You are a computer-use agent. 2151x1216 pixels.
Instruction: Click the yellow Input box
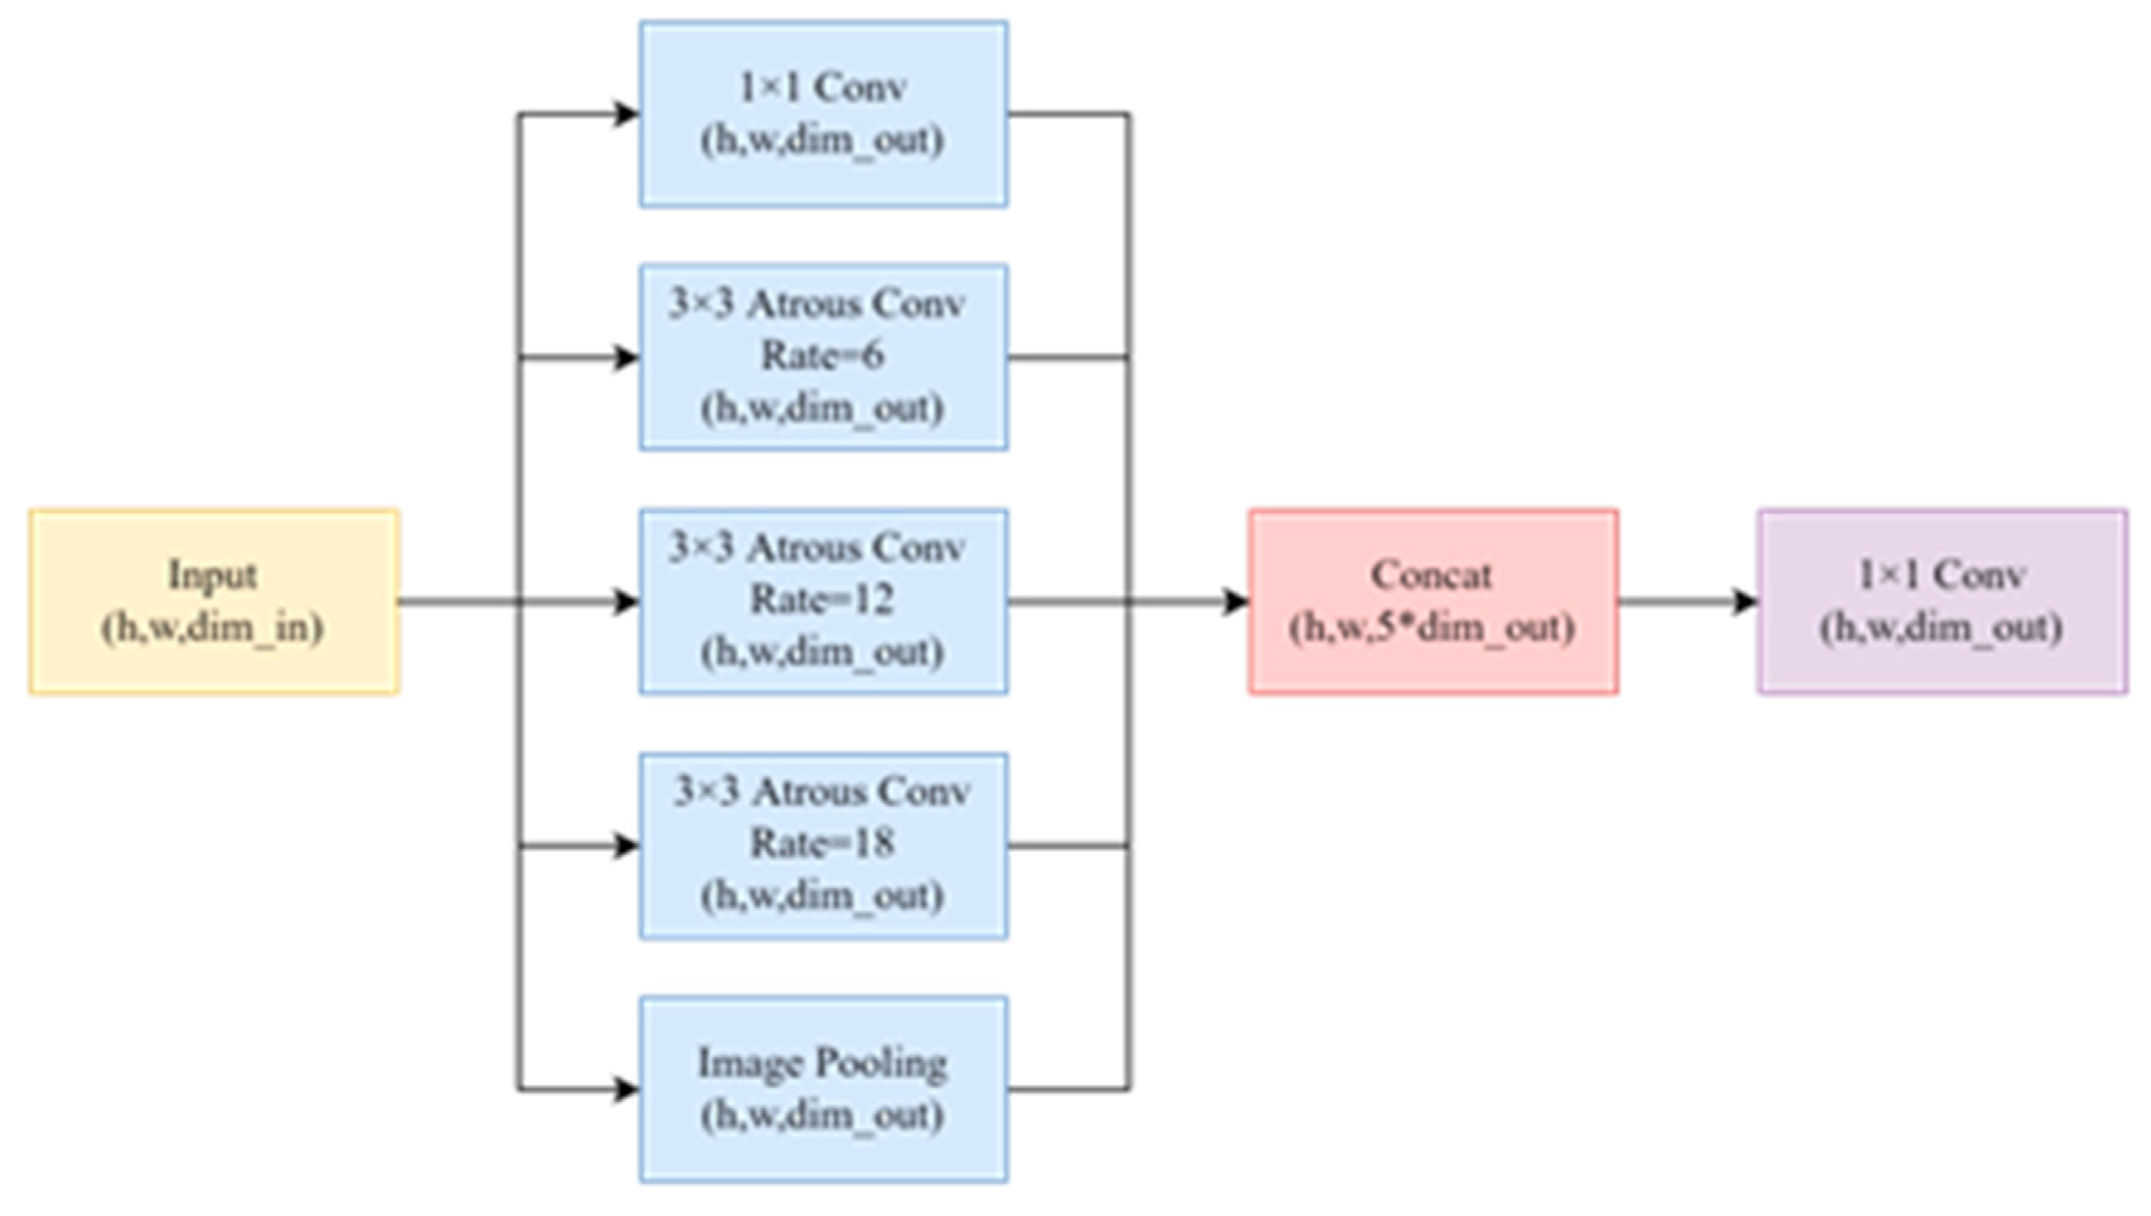pos(213,601)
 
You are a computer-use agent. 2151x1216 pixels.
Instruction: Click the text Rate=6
pos(822,355)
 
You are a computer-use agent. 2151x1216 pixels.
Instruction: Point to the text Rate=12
pos(822,600)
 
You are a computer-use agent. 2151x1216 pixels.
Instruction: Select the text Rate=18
pos(822,844)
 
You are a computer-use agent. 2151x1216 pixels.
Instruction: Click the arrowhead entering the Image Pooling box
pos(626,1089)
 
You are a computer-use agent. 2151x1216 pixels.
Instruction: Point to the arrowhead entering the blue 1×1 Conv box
pos(626,113)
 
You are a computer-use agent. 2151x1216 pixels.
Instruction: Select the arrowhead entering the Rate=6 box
pos(626,358)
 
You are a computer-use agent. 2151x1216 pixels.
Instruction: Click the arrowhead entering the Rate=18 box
pos(626,846)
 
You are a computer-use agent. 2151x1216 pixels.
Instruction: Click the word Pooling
pos(880,1064)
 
